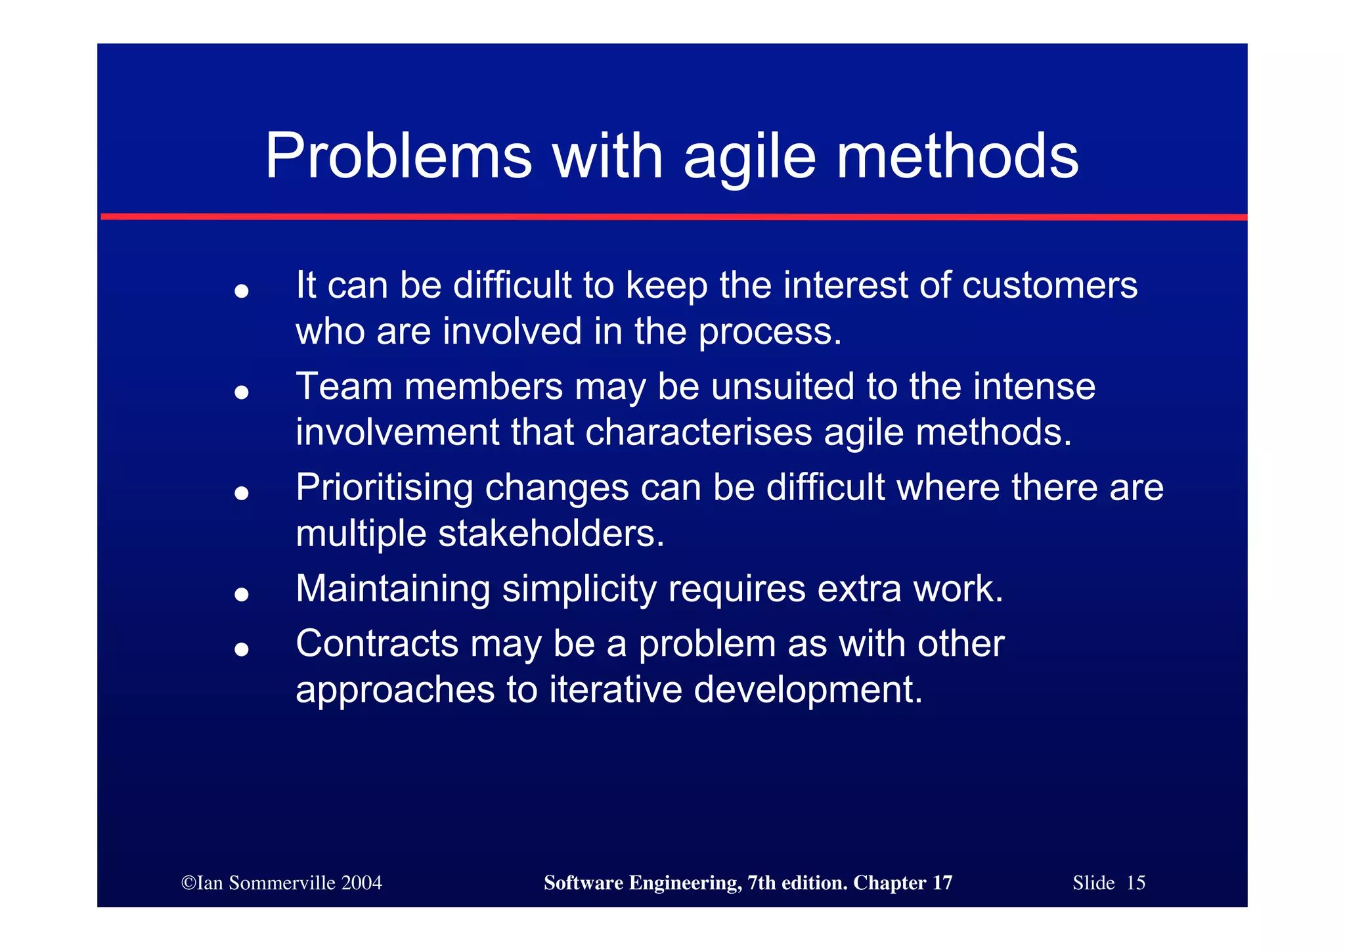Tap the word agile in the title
(x=749, y=158)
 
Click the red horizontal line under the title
(x=673, y=216)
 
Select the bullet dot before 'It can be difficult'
(x=242, y=290)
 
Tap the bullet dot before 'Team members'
(x=242, y=392)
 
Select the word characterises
(x=698, y=432)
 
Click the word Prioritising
(x=384, y=488)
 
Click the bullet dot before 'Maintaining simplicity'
(x=242, y=594)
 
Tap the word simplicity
(x=579, y=590)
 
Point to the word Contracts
(x=377, y=643)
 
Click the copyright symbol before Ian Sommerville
(x=188, y=883)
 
